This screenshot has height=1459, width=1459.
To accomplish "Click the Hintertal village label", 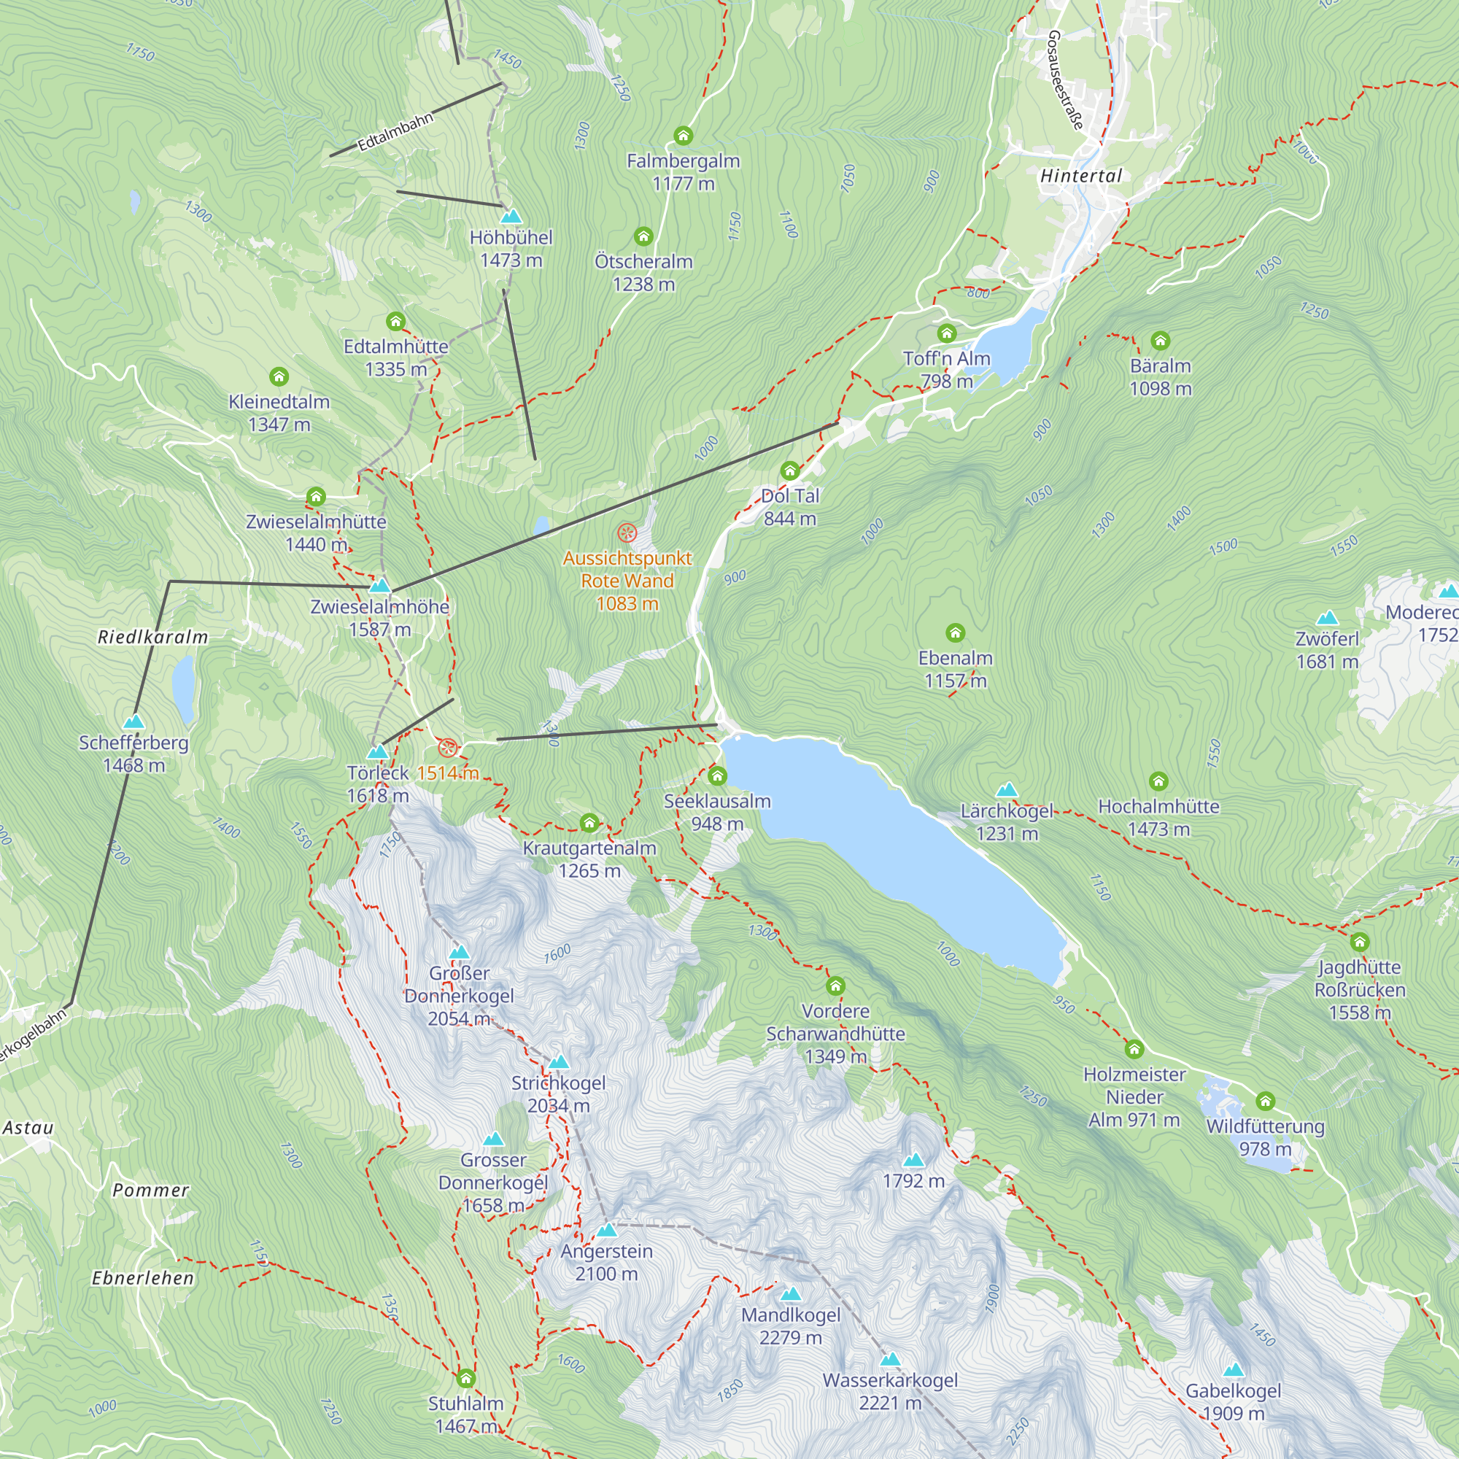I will click(x=1080, y=176).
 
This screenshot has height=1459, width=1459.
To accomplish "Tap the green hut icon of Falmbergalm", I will click(x=683, y=136).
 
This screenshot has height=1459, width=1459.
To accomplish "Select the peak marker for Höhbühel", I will click(x=511, y=217).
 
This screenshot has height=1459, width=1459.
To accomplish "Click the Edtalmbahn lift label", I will click(x=395, y=131).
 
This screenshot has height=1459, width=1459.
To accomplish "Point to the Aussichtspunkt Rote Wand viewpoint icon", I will click(x=627, y=534).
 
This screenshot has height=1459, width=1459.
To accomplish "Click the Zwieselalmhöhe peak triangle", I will click(x=380, y=586).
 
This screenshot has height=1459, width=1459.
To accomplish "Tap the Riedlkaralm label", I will click(x=152, y=638).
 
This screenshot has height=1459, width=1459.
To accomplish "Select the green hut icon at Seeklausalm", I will click(x=716, y=775).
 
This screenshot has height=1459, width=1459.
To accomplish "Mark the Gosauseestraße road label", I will click(x=1066, y=80).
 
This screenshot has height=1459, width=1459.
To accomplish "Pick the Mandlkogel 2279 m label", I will click(x=790, y=1327).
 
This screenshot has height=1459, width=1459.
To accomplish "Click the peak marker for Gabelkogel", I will click(x=1232, y=1371).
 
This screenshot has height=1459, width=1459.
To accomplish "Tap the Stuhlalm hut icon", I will click(x=466, y=1378).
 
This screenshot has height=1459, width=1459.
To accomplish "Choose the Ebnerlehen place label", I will click(x=143, y=1279).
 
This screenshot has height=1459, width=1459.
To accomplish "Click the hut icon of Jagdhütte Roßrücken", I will click(x=1359, y=942).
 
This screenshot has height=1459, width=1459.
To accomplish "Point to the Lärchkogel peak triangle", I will click(x=1006, y=791).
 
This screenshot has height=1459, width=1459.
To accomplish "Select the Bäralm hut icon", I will click(x=1160, y=341).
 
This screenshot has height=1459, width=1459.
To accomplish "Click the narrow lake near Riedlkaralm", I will click(x=184, y=689).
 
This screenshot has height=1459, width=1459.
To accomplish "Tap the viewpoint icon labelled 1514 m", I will click(x=448, y=748).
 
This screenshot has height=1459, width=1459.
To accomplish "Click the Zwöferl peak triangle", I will click(x=1327, y=619).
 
